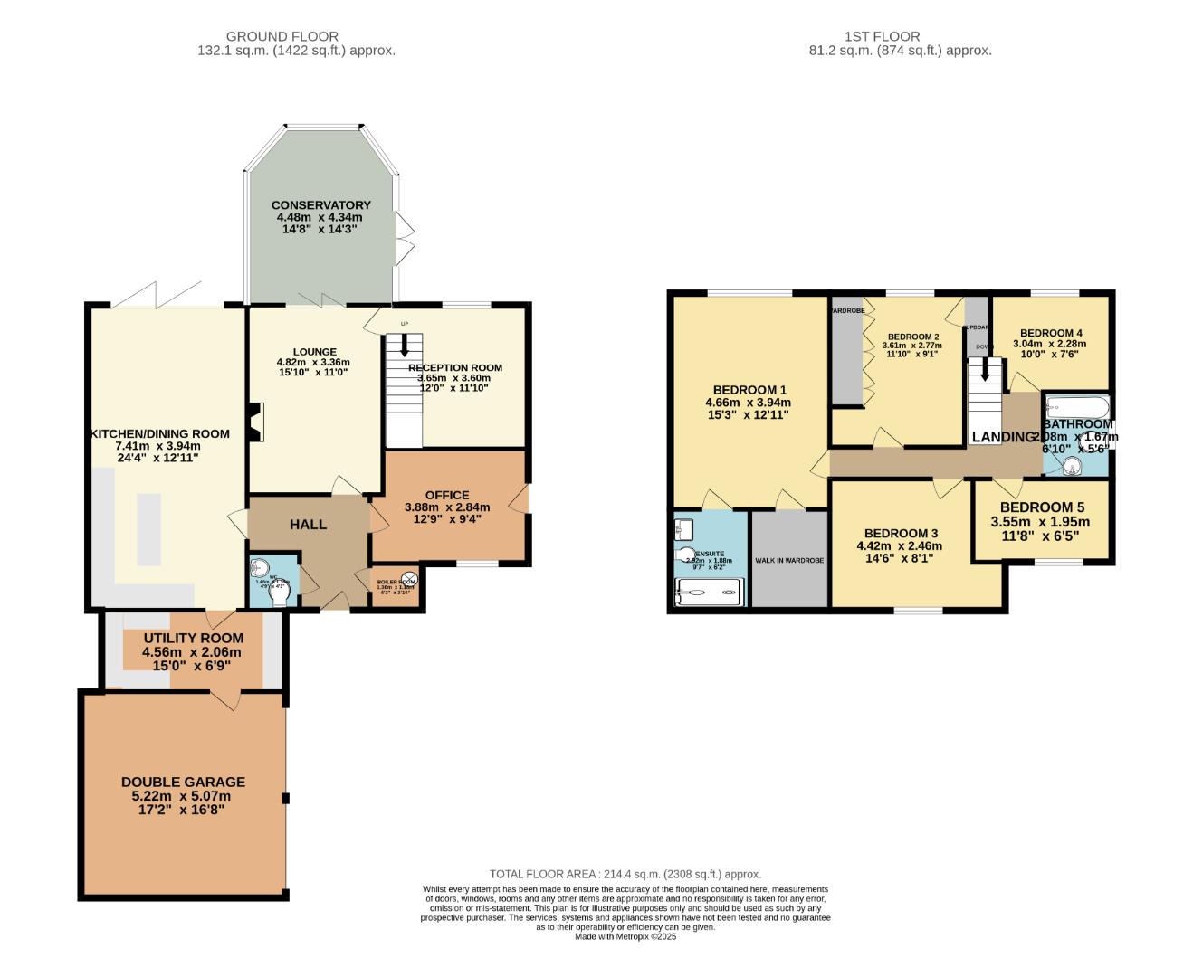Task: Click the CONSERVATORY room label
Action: point(320,205)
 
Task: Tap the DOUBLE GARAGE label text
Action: point(183,782)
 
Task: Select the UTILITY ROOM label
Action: point(194,638)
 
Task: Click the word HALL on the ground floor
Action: point(308,525)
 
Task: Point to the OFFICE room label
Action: point(447,495)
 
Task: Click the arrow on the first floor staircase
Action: point(986,370)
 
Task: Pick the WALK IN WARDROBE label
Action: point(789,561)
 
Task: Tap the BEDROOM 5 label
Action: point(1042,507)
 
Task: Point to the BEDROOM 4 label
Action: point(1050,333)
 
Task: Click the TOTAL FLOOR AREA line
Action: point(625,874)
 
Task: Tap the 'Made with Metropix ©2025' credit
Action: point(625,936)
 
